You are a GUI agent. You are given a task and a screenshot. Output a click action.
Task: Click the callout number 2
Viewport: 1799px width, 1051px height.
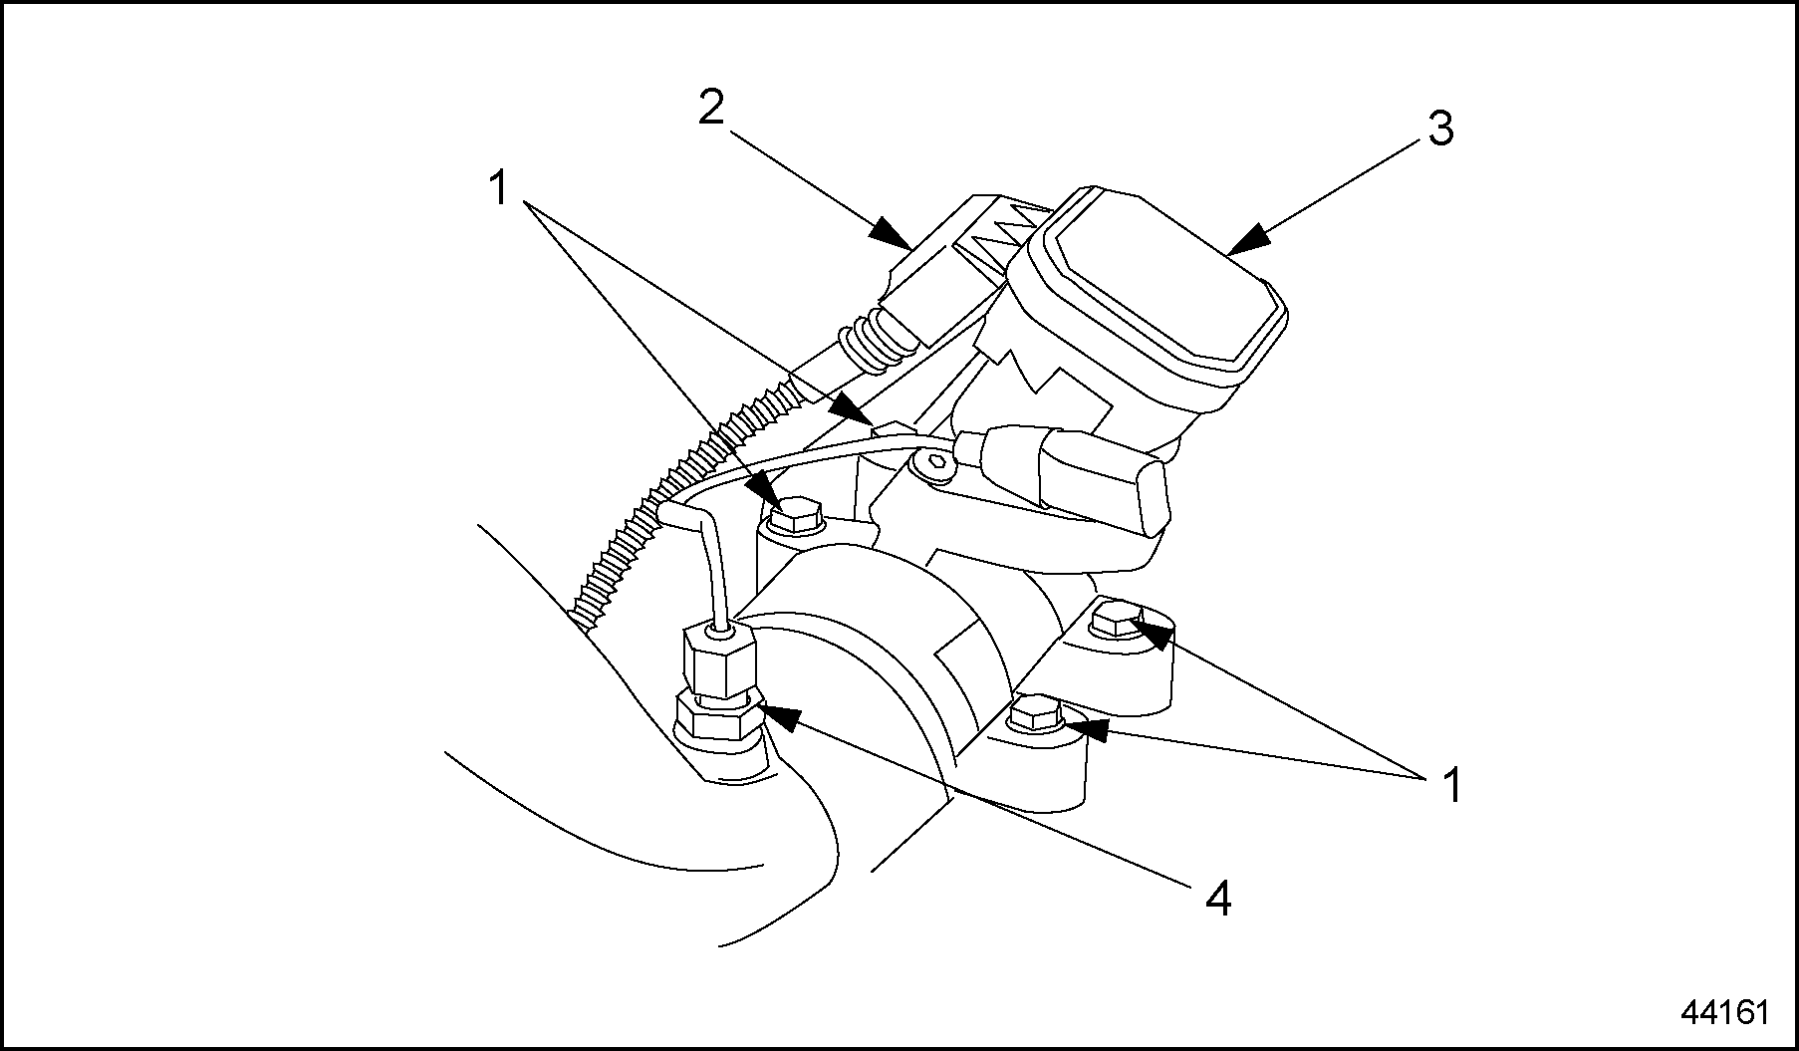710,109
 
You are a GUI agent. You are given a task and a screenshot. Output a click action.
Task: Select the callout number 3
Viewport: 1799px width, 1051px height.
1440,130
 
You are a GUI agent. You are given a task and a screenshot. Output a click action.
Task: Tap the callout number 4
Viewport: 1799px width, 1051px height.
1218,901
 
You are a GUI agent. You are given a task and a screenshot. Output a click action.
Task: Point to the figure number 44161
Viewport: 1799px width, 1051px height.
1724,1012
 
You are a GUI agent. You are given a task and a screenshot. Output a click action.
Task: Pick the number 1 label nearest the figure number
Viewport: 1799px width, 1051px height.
1453,786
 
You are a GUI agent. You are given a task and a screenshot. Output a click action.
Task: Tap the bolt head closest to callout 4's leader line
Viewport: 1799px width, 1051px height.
1036,713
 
